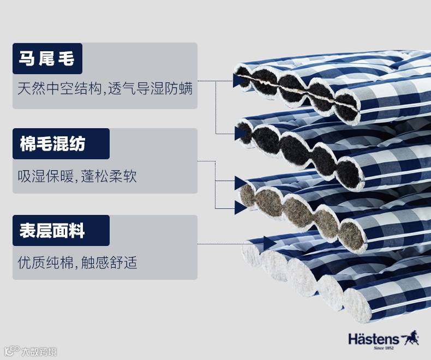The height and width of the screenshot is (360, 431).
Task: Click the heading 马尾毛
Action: click(x=46, y=58)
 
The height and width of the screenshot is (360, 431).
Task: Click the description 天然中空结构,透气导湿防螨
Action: click(x=105, y=88)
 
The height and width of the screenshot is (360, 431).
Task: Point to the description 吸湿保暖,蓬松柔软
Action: click(x=77, y=176)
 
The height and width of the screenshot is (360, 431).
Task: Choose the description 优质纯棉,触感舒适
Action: click(x=77, y=263)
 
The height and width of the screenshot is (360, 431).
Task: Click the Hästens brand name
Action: click(x=374, y=338)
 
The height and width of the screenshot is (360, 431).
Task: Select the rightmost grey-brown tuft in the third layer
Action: click(x=352, y=235)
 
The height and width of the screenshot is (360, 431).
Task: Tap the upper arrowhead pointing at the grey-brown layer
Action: click(x=240, y=182)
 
